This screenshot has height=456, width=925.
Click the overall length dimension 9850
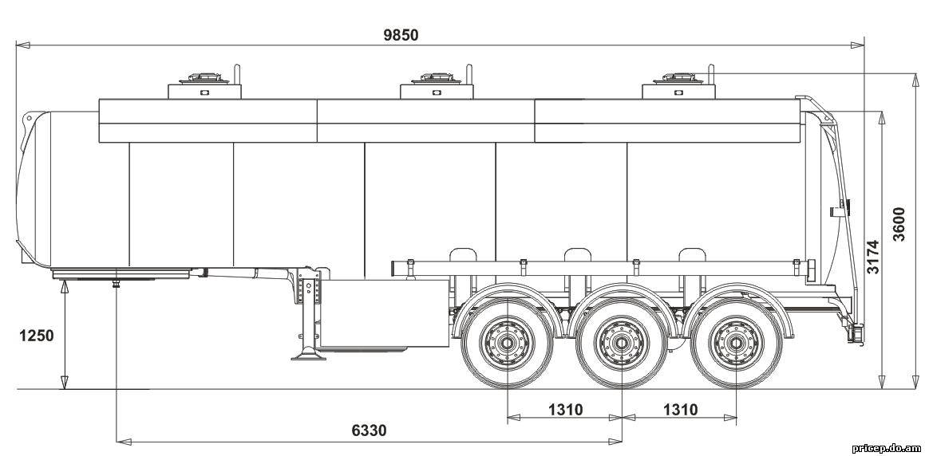(x=401, y=35)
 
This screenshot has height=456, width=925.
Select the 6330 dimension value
(x=370, y=430)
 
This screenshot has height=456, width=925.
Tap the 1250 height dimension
(x=37, y=336)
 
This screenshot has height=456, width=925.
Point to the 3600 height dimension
(x=899, y=224)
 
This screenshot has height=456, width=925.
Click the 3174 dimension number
(x=873, y=257)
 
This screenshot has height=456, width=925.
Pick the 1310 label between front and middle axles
(x=565, y=409)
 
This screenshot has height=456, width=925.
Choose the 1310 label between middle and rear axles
(x=680, y=409)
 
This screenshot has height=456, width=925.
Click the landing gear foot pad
(x=308, y=356)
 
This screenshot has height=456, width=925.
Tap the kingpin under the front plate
(x=117, y=284)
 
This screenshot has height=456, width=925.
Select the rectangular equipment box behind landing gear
(x=383, y=315)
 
